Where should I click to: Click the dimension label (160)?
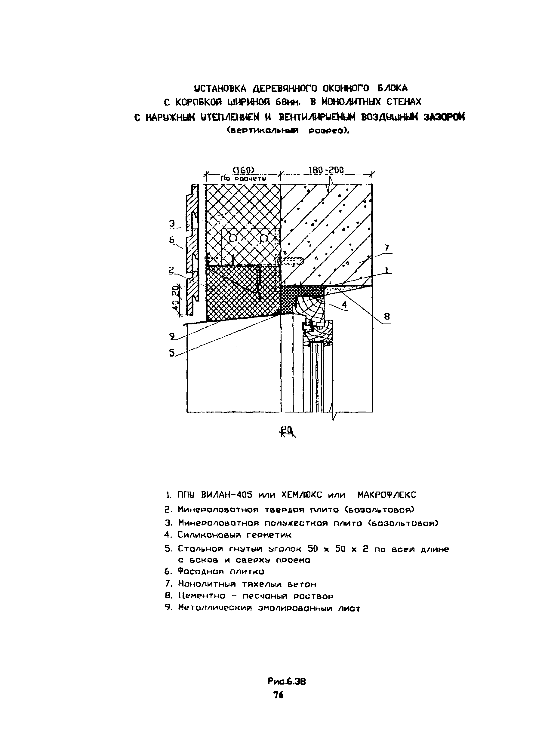point(243,170)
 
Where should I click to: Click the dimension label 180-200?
point(326,170)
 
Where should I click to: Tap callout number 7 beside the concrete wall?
point(387,248)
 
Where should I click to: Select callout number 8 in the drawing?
point(387,316)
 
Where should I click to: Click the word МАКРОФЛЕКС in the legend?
point(387,495)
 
